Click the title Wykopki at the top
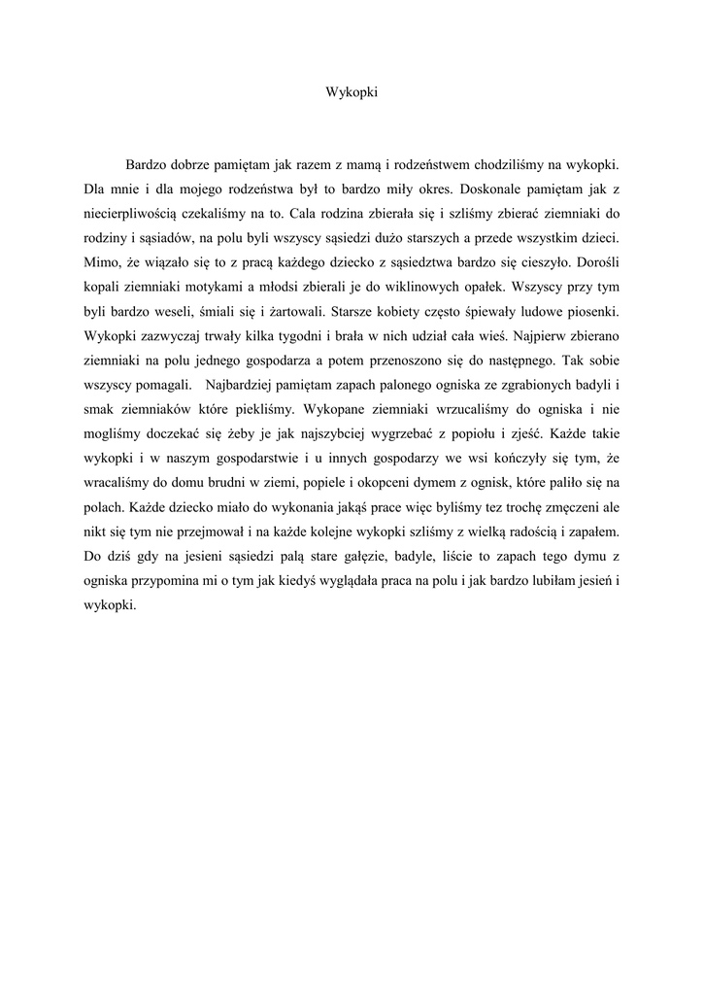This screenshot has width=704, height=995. pos(351,93)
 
